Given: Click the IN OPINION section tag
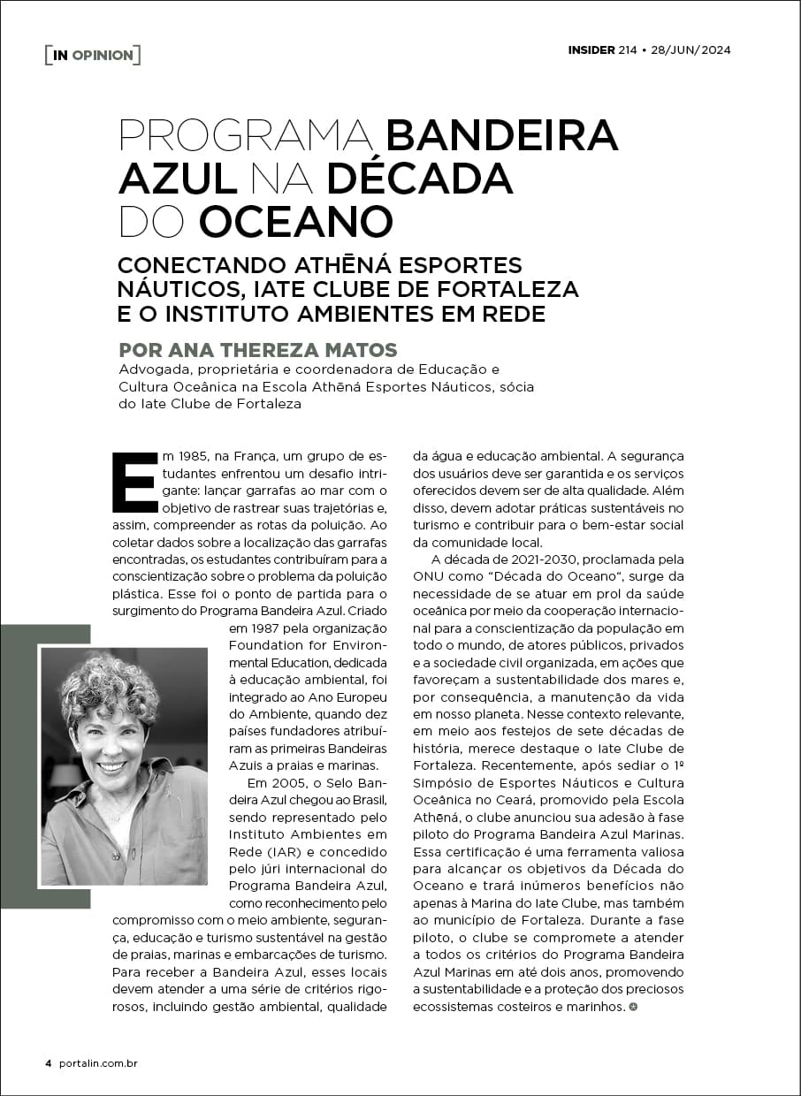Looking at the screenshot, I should coord(93,55).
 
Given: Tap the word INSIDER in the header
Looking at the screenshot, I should coord(591,49).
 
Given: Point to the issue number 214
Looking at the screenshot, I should coord(628,49).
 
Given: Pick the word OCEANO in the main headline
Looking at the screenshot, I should coord(295,221).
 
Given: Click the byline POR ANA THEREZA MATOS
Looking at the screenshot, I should coord(257,349).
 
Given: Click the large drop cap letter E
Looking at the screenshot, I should coord(134,483).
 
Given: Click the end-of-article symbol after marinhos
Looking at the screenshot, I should coord(632,1006).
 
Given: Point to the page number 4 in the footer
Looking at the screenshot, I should coord(49,1063).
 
